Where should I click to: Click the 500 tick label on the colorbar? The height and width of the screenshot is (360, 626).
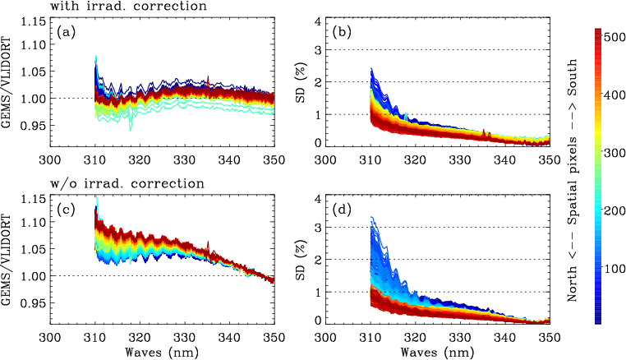(613, 36)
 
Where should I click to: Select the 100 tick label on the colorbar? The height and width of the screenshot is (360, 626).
(613, 269)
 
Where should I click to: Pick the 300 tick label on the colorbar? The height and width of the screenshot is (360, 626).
(613, 153)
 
